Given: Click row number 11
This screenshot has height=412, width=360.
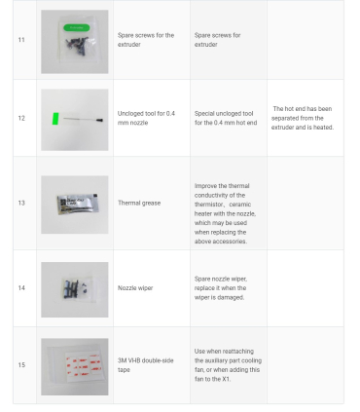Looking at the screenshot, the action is click(x=21, y=40).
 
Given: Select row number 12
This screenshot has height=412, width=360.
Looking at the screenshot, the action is click(x=21, y=118).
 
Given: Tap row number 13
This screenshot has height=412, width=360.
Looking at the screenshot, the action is click(x=21, y=203).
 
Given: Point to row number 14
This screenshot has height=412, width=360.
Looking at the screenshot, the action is click(x=21, y=288).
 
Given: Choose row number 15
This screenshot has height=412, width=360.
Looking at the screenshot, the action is click(x=21, y=365).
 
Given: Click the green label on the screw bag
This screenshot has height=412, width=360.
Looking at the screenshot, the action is click(x=77, y=28).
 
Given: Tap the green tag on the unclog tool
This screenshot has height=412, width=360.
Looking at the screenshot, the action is click(x=55, y=119).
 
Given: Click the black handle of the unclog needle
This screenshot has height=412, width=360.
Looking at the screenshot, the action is click(x=100, y=121).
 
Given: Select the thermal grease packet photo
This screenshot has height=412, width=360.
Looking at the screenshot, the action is click(x=77, y=205).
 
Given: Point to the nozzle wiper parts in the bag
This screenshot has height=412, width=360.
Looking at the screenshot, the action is click(x=75, y=287).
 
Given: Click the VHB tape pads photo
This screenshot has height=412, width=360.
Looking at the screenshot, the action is click(x=84, y=364).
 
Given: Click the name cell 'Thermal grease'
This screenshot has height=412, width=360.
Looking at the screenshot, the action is click(x=139, y=203).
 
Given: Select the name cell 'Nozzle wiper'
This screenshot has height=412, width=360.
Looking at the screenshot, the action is click(x=135, y=288).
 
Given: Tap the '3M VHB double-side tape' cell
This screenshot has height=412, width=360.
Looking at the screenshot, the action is click(x=146, y=365).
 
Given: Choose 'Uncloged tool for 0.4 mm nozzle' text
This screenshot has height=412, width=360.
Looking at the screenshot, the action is click(x=146, y=118).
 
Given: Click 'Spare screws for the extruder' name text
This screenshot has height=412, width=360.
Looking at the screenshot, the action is click(x=146, y=40).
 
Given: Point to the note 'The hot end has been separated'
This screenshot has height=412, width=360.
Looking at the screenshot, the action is click(x=303, y=118).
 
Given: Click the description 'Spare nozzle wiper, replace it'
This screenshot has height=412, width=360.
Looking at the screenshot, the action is click(x=221, y=288).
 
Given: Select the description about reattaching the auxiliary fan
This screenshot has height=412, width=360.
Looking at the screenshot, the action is click(x=228, y=365).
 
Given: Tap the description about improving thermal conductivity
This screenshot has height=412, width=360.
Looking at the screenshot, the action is click(x=225, y=213).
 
